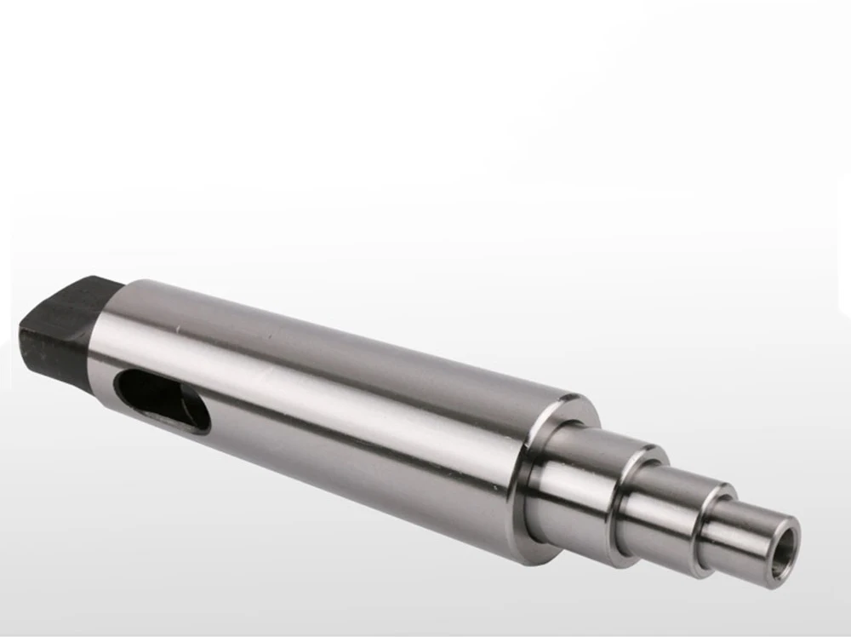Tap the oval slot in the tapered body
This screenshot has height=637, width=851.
(x=162, y=401)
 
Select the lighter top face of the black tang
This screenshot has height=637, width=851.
(x=77, y=294)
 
